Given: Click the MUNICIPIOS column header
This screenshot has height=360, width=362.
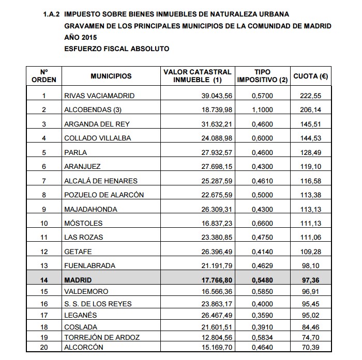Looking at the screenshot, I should (111, 76).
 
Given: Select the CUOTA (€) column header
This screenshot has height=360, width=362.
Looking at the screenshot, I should (313, 76).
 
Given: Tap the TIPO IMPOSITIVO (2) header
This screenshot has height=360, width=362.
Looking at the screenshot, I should (262, 76).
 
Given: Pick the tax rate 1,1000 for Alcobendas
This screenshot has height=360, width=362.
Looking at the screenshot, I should (262, 109).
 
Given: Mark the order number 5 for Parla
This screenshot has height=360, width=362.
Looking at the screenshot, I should (44, 152).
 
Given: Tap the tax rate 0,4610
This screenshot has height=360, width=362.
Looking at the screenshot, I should (262, 181).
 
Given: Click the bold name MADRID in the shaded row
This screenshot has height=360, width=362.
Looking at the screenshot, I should (77, 279).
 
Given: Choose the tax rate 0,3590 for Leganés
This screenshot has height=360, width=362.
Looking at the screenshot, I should (262, 315).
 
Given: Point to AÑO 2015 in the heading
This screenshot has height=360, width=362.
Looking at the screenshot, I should (80, 37).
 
